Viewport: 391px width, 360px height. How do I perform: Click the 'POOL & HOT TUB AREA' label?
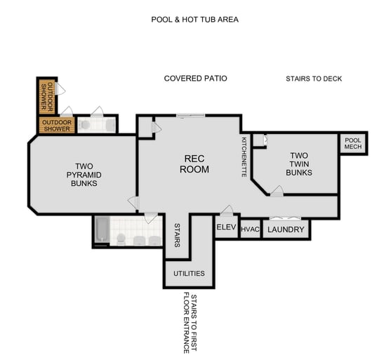pyautogui.click(x=194, y=20)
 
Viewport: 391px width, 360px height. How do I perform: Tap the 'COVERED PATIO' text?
pyautogui.click(x=195, y=79)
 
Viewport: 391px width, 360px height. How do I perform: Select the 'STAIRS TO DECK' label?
pyautogui.click(x=314, y=79)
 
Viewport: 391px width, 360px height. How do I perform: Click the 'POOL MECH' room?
pyautogui.click(x=352, y=143)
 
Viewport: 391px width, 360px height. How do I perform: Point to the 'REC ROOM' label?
pyautogui.click(x=194, y=164)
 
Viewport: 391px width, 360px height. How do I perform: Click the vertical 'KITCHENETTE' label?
pyautogui.click(x=244, y=156)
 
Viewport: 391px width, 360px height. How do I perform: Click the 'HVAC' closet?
pyautogui.click(x=250, y=229)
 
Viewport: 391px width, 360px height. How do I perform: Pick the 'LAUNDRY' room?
pyautogui.click(x=286, y=229)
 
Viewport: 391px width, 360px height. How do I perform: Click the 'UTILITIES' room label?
pyautogui.click(x=189, y=273)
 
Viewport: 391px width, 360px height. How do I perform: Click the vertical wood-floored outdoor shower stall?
pyautogui.click(x=46, y=96)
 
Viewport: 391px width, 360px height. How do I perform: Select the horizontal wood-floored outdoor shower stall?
pyautogui.click(x=55, y=126)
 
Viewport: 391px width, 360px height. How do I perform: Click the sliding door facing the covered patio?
pyautogui.click(x=190, y=116)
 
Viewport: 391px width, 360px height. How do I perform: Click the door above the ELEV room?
pyautogui.click(x=226, y=210)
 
